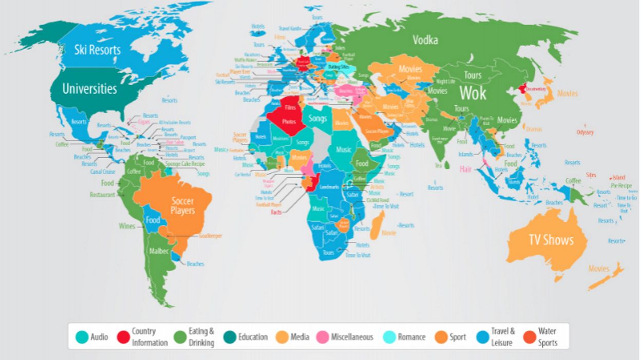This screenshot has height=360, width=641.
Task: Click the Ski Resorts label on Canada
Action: [x=97, y=50]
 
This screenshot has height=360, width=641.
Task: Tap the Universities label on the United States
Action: [x=89, y=89]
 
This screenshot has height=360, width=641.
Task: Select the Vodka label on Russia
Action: [x=425, y=40]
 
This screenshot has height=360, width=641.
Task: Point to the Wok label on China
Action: [x=472, y=93]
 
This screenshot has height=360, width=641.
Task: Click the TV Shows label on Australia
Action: [x=551, y=240]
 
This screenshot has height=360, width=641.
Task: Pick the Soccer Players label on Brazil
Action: [x=182, y=206]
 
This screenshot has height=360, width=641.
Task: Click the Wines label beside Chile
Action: [x=127, y=226]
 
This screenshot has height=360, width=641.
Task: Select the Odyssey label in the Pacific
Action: [x=585, y=132]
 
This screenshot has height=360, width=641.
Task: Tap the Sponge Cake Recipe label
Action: [x=185, y=164]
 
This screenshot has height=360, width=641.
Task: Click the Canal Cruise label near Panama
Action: [x=103, y=172]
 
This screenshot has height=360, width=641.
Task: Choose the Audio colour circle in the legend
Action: [x=82, y=337]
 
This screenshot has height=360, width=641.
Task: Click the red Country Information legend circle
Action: [x=122, y=337]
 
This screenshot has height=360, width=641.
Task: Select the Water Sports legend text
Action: [x=547, y=337]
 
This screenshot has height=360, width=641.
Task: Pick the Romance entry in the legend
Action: [x=411, y=337]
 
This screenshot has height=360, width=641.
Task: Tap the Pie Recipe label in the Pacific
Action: [x=621, y=185]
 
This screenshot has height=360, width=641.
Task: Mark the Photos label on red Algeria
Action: [x=289, y=122]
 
